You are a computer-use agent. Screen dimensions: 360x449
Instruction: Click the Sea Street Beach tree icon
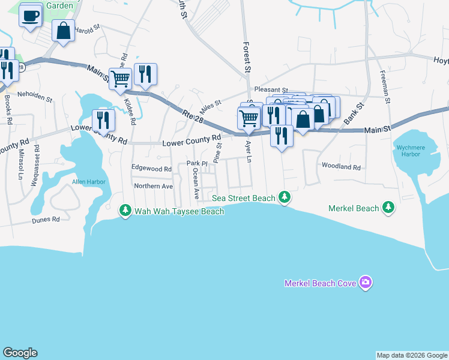pos(286,197)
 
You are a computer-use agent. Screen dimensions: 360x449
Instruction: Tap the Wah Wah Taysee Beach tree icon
pos(125,211)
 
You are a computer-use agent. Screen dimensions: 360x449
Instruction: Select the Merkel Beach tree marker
pos(388,208)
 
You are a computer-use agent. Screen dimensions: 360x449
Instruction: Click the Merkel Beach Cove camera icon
pos(366,283)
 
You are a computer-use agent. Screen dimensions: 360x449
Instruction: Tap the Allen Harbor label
pos(88,181)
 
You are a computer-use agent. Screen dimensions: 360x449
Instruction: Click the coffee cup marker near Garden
pos(31,16)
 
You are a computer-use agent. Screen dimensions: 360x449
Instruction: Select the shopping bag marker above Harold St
pos(63,30)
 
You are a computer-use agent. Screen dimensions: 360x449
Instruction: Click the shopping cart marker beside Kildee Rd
pos(120,77)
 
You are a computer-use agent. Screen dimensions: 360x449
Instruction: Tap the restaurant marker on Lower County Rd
pos(103,120)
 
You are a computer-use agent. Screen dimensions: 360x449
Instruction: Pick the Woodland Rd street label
pos(341,167)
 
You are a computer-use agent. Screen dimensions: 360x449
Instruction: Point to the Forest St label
pos(247,57)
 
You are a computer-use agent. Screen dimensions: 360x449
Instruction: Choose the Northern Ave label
pos(153,186)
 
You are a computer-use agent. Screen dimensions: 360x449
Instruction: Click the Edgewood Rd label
pos(151,169)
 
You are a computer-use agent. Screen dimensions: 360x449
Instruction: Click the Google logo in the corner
pos(20,353)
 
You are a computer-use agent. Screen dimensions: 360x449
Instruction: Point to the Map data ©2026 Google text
pos(411,355)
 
